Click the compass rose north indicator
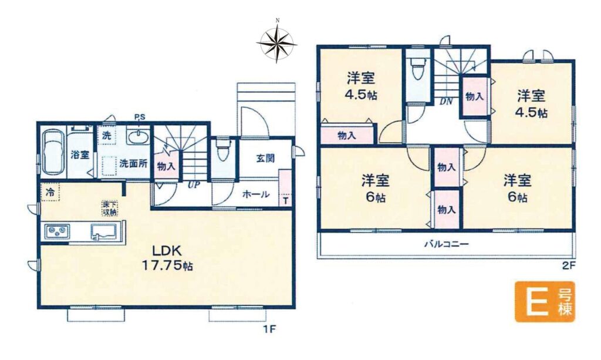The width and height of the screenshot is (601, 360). click(x=277, y=21)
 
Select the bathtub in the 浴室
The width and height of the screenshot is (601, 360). click(x=52, y=152)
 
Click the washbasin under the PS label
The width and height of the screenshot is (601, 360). click(x=139, y=137)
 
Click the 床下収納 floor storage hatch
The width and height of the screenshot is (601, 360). click(x=110, y=208)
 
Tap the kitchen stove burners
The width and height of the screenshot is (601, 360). click(x=58, y=231)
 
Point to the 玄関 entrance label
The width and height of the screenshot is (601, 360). click(x=265, y=158)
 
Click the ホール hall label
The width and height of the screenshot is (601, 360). click(x=256, y=194)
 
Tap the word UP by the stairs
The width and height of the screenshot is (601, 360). click(x=194, y=185)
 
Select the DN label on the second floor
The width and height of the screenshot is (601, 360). click(x=446, y=102)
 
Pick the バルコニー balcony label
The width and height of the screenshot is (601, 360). click(x=447, y=244)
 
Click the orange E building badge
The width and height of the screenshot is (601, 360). click(x=545, y=302)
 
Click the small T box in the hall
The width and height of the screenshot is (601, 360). click(x=286, y=200)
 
